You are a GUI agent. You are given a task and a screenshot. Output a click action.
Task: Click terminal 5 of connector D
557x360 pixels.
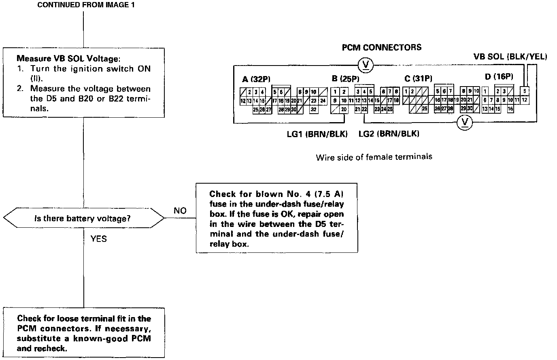[x=524, y=91]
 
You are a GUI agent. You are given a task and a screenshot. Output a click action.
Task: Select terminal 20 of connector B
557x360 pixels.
[x=344, y=109]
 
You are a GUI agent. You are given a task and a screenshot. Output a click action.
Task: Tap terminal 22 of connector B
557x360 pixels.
[x=364, y=109]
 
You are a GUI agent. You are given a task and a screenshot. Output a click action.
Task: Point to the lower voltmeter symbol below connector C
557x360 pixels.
[x=464, y=122]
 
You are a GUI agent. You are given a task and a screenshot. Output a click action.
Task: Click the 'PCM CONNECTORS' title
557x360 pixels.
[x=381, y=48]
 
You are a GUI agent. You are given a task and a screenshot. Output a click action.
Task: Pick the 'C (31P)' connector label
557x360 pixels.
[x=418, y=78]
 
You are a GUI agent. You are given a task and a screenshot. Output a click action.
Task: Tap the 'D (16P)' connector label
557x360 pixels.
[x=499, y=77]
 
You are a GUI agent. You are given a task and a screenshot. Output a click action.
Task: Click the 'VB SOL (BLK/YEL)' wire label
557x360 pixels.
[x=510, y=57]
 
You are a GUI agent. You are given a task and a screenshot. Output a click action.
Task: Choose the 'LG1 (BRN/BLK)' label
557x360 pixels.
[x=317, y=134]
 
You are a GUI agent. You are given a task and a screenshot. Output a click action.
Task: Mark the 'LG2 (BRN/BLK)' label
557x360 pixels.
[x=389, y=134]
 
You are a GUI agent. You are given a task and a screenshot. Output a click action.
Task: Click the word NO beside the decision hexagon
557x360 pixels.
[x=180, y=211]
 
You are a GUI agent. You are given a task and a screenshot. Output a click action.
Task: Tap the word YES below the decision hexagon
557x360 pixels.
[x=99, y=239]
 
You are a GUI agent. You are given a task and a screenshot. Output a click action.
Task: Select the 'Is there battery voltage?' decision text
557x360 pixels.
[x=83, y=219]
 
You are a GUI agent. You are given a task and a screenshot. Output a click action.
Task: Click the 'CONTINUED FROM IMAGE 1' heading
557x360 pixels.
[x=86, y=5]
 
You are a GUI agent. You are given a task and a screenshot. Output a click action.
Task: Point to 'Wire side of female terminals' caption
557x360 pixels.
[x=374, y=157]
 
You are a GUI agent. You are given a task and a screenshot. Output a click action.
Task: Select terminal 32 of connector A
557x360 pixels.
[x=313, y=109]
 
